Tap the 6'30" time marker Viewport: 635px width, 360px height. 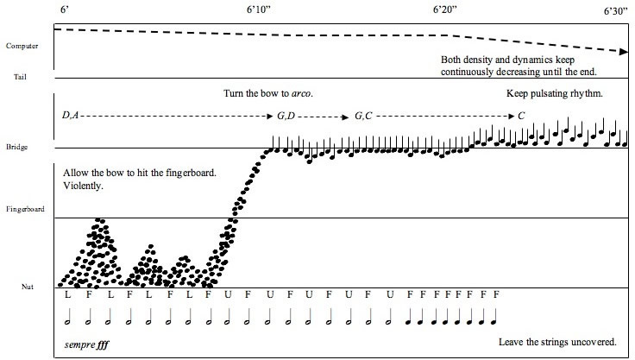tap(614, 10)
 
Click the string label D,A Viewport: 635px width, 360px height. tap(70, 115)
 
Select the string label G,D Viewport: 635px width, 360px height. tap(286, 115)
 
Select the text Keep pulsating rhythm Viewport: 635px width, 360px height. tap(553, 92)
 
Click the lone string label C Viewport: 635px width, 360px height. tap(520, 115)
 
